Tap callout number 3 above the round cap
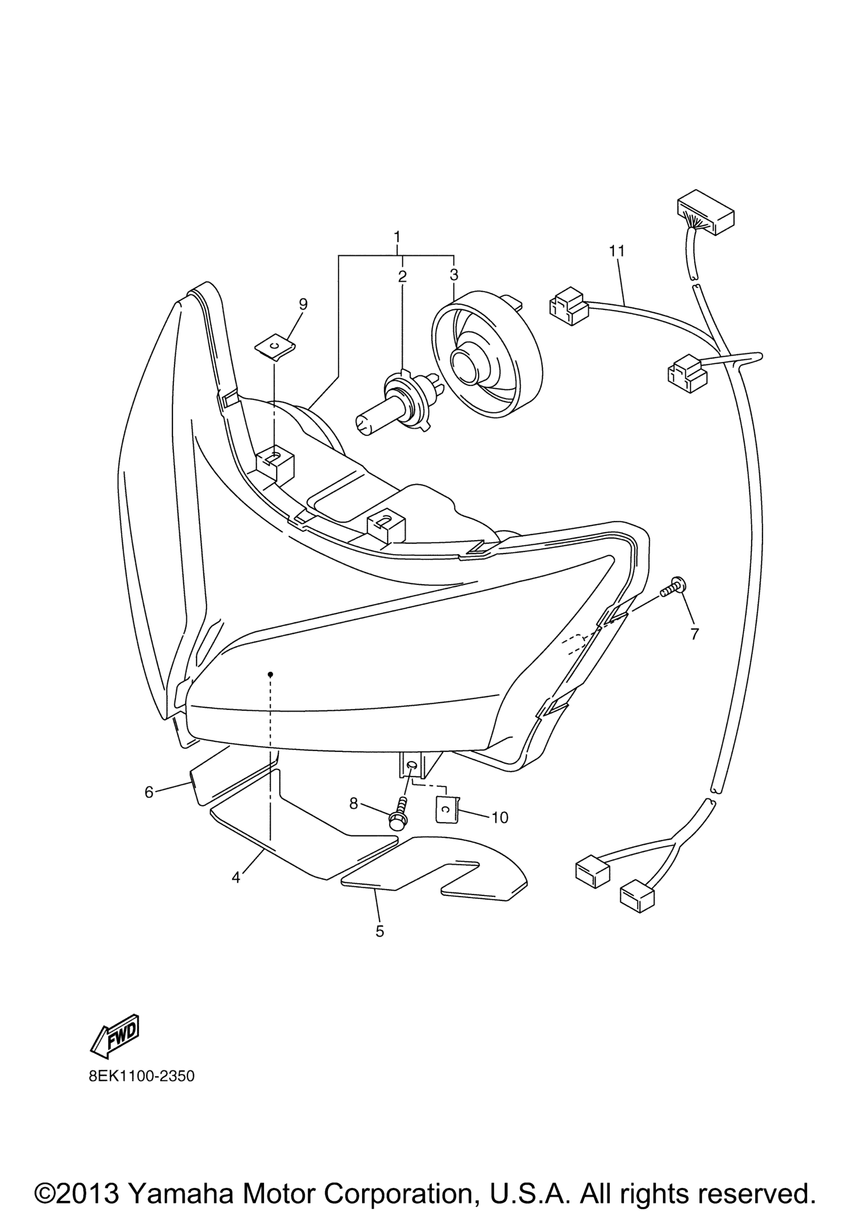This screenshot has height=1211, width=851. tap(454, 275)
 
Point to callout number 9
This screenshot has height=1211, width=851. tap(303, 304)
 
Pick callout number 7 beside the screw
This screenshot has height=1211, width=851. tap(694, 634)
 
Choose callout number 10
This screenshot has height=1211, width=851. tap(499, 818)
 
